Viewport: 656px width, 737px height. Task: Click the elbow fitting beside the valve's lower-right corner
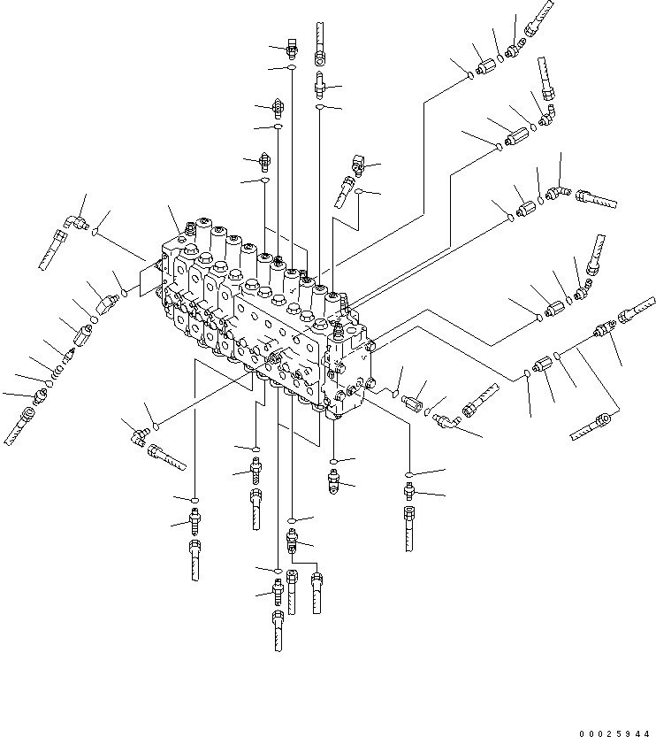pyautogui.click(x=446, y=424)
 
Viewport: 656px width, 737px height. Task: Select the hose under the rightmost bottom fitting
pyautogui.click(x=409, y=529)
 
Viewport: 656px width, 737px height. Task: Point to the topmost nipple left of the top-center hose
pyautogui.click(x=292, y=49)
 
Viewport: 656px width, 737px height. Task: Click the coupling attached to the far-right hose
pyautogui.click(x=606, y=327)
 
